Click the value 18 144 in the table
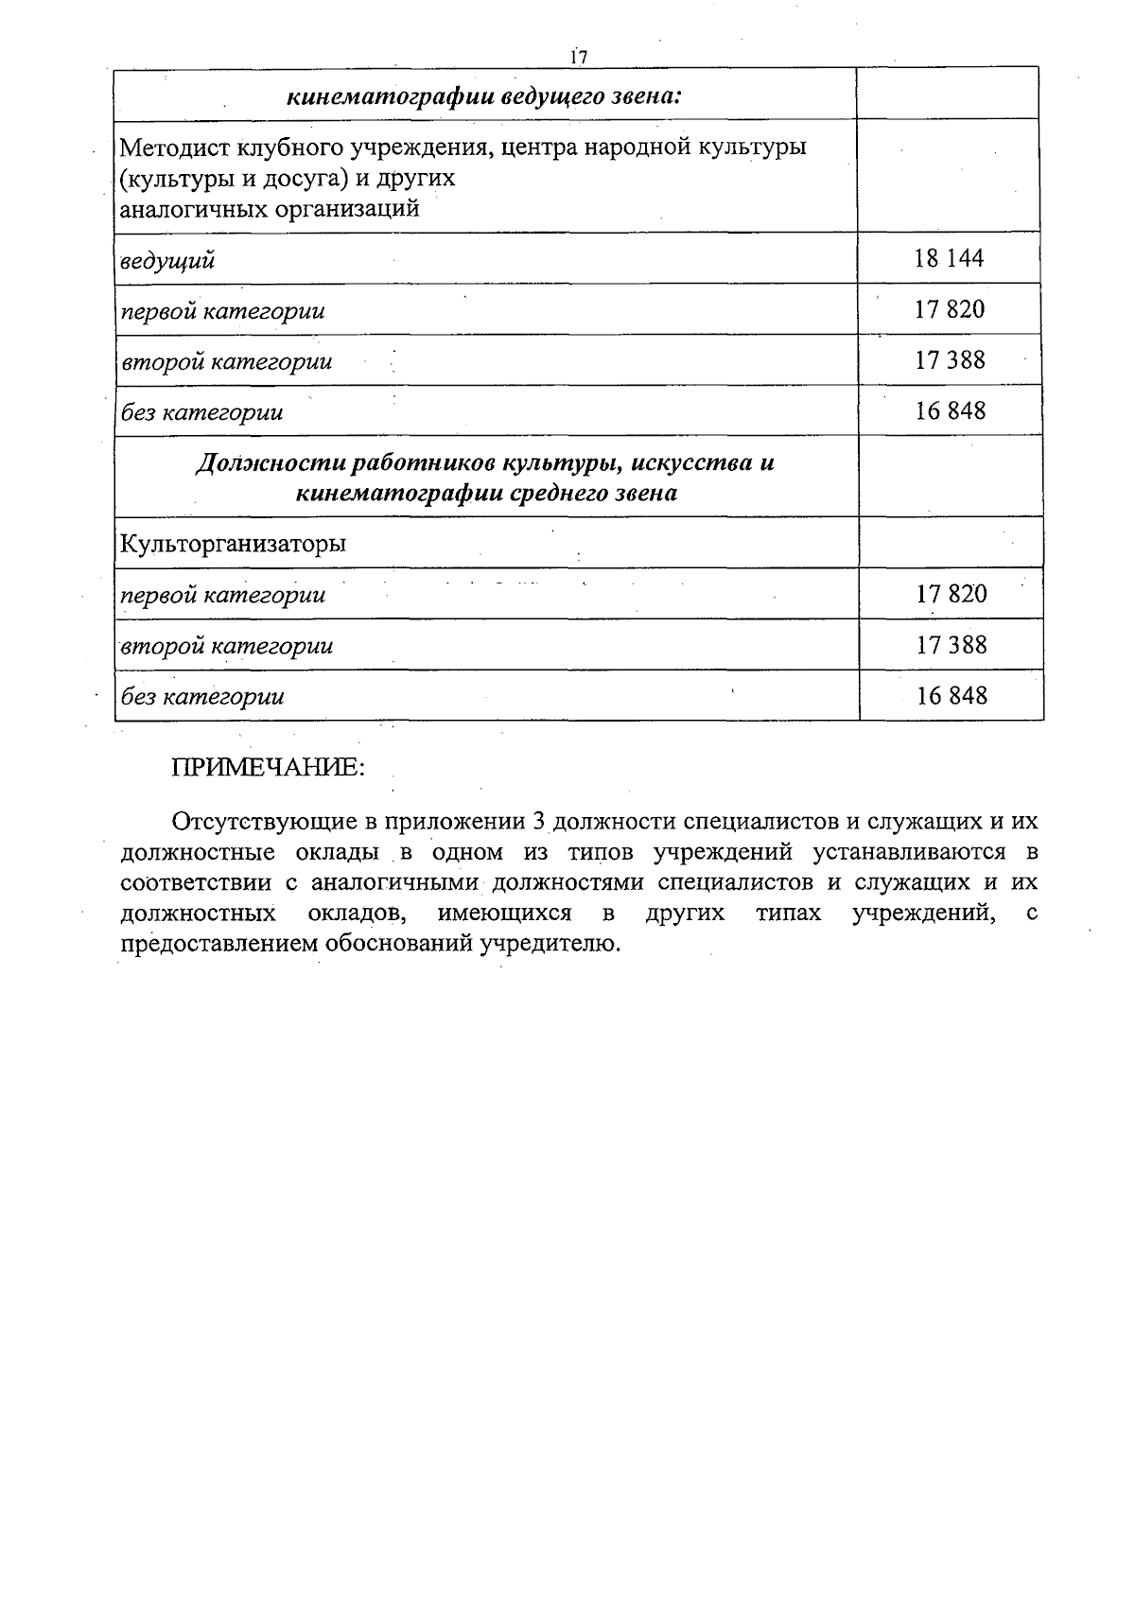point(950,258)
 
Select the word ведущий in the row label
point(167,260)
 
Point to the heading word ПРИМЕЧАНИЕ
point(268,768)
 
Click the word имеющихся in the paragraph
point(504,914)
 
